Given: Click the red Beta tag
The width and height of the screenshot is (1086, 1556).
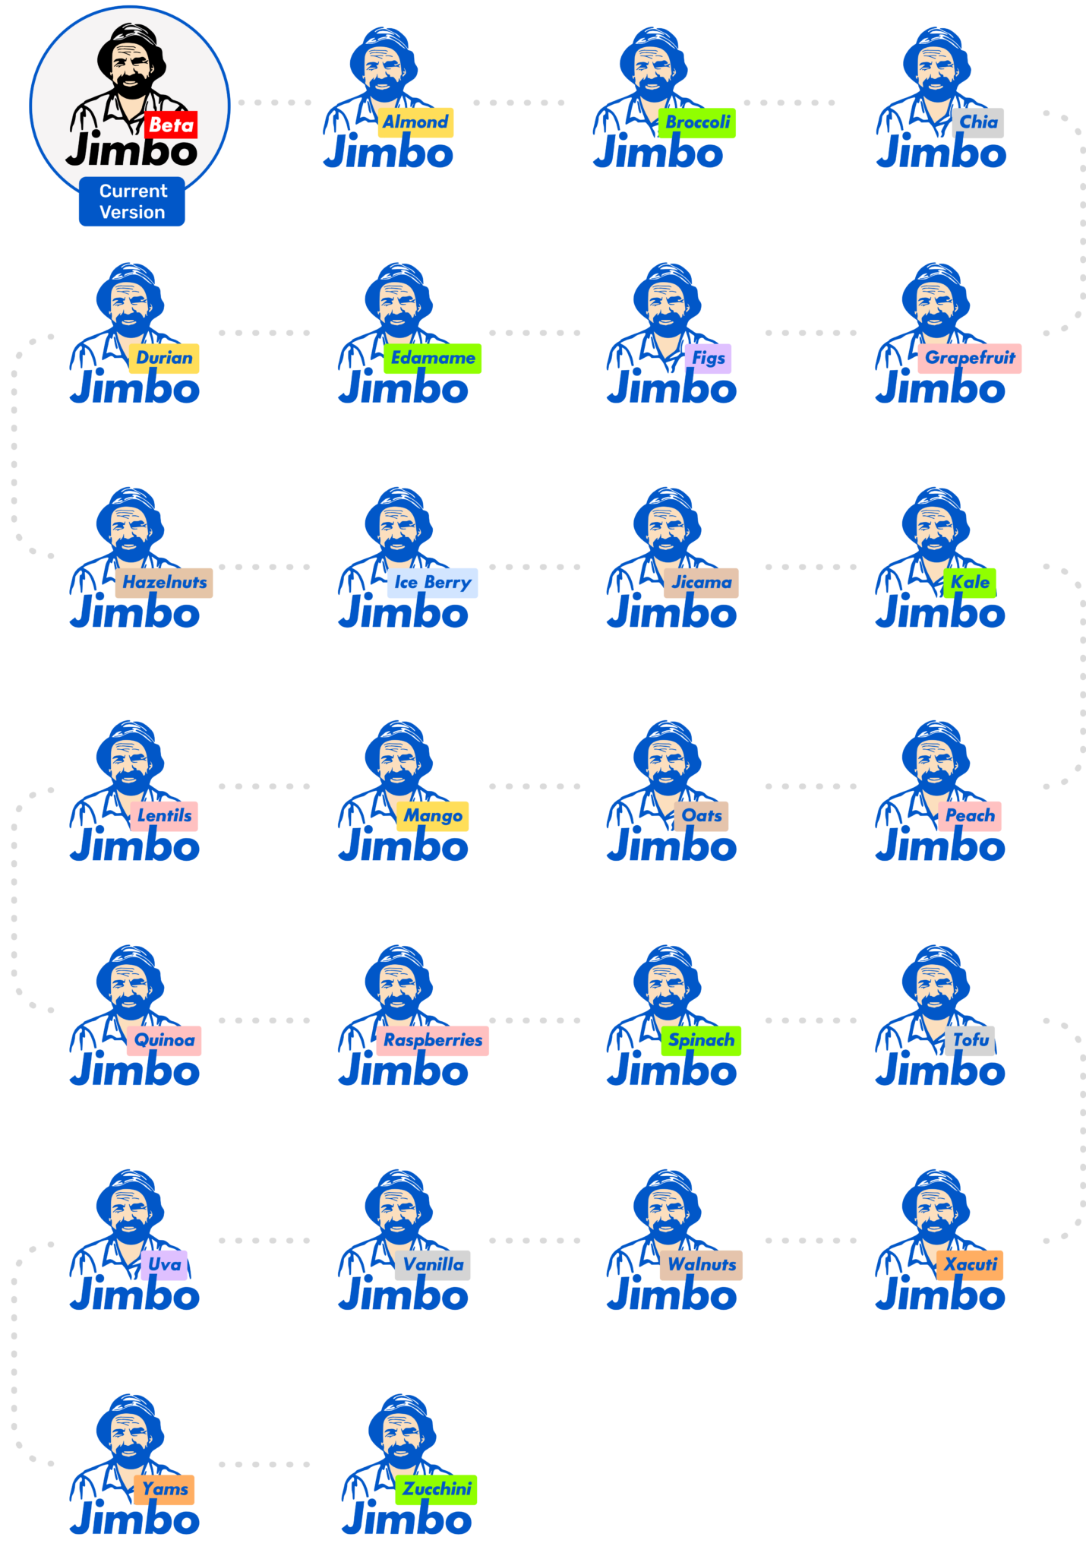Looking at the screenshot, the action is pos(171,125).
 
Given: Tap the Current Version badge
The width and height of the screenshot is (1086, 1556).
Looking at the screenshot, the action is pos(132,201).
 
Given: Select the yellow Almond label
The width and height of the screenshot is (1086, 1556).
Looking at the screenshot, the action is pos(415,122).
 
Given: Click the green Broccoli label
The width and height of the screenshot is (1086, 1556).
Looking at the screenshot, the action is pos(697,122).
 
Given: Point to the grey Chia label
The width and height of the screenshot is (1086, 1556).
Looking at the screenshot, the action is pos(978,122).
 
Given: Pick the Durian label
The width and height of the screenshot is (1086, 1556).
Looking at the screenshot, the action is pos(164,358).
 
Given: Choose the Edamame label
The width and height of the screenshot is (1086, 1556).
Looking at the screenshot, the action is pos(432,358).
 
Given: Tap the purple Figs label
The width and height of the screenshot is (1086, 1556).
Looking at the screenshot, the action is pos(709,358).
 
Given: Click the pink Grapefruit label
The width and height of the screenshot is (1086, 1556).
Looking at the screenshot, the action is pos(970,358).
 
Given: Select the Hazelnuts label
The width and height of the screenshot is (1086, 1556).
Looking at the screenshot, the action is pos(164,583).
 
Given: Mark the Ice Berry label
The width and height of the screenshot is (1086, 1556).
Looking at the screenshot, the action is pos(432,583).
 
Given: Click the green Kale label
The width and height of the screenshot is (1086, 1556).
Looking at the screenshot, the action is pos(970,583).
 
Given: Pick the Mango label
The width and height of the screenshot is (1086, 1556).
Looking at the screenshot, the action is pos(432,816).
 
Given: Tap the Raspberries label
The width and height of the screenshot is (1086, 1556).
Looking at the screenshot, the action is pos(432,1040).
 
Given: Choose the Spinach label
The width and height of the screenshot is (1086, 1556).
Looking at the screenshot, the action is pos(701,1040).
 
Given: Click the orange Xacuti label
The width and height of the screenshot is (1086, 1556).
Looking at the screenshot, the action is pos(970,1265).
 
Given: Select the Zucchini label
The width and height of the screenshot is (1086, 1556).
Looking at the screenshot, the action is pos(436,1489).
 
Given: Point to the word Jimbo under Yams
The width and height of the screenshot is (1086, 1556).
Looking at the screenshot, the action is pos(134,1520).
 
